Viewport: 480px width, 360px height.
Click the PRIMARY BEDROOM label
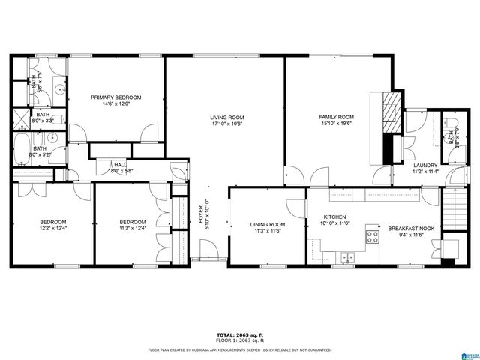coord(115,97)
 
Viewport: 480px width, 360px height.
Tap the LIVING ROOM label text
coord(226,118)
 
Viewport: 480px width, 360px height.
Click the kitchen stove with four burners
coord(372,238)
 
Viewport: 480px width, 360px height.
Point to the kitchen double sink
coord(346,257)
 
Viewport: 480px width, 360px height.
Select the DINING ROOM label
coord(268,224)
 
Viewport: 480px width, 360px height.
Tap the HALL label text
coord(120,164)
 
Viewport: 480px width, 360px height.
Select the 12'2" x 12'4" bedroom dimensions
coord(53,229)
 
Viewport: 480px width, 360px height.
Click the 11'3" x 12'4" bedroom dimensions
coord(133,229)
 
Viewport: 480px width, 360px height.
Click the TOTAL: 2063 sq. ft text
coord(239,335)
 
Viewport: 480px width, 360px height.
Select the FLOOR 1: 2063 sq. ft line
coord(239,341)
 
